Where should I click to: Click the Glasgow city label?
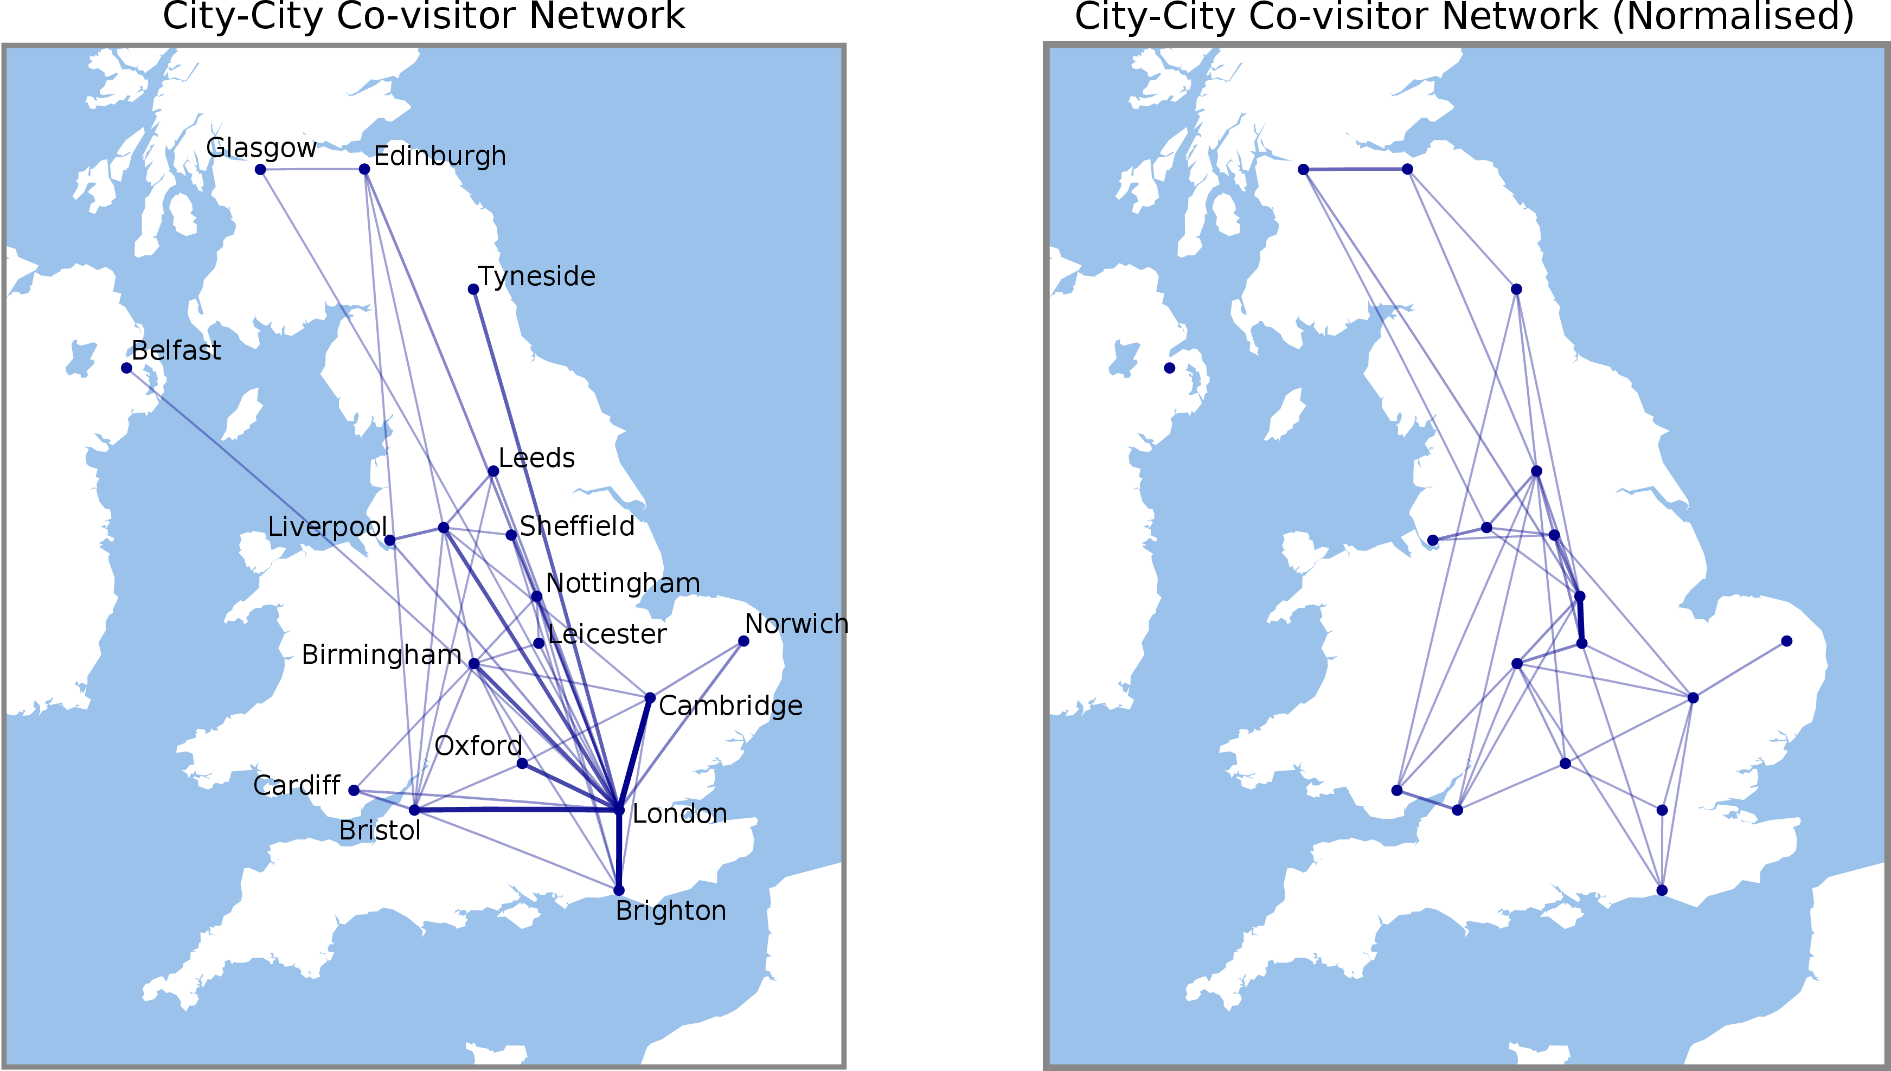pos(261,148)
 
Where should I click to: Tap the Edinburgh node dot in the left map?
pos(364,169)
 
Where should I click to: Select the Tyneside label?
pos(536,277)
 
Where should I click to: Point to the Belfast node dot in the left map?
pos(126,368)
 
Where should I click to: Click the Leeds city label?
pos(536,458)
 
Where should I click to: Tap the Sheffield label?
pos(576,527)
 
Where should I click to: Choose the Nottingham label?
pos(622,583)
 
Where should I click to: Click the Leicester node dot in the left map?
pos(539,644)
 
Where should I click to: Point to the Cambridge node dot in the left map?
pos(650,697)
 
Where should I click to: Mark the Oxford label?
pos(478,746)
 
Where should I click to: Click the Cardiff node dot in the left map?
pos(354,790)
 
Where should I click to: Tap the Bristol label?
pos(380,830)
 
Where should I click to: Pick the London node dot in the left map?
pos(619,810)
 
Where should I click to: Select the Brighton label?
pos(670,910)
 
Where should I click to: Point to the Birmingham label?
pos(381,655)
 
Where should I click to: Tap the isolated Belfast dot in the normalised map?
pos(1169,368)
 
